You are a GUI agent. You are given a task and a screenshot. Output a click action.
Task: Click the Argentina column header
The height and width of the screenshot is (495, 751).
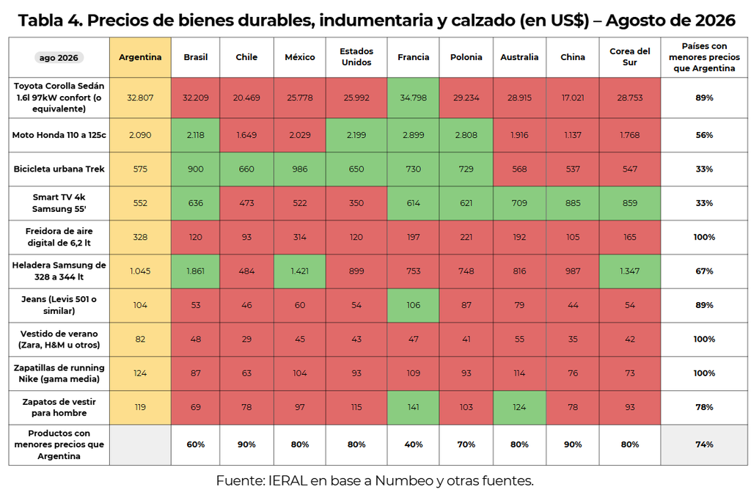tap(140, 57)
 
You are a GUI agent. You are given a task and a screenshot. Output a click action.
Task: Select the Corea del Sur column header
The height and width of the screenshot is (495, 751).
tap(630, 57)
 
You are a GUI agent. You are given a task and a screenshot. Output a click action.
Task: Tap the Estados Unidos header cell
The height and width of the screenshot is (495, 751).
tap(356, 57)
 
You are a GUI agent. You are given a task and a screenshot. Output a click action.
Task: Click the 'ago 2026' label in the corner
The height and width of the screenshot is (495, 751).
tap(59, 58)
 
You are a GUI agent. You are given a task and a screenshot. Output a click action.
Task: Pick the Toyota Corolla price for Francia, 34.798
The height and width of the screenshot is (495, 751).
tap(414, 98)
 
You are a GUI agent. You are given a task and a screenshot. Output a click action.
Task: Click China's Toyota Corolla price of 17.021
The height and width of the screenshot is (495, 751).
tap(573, 98)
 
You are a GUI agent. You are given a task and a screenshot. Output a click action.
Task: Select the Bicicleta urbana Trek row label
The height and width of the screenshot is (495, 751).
tap(59, 169)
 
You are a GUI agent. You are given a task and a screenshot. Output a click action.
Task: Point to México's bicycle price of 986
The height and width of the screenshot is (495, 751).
tap(300, 169)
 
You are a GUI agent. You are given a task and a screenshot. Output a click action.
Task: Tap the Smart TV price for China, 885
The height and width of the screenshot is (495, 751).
tap(573, 203)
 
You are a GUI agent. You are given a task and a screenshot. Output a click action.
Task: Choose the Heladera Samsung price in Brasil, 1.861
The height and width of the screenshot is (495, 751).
tap(195, 271)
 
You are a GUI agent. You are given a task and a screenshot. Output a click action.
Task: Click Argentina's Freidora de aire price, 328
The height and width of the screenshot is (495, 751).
tap(140, 237)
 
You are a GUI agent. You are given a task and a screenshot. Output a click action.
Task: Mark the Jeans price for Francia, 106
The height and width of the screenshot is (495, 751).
tap(414, 305)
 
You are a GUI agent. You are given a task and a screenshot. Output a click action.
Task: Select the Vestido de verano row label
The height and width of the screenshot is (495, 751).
tap(59, 340)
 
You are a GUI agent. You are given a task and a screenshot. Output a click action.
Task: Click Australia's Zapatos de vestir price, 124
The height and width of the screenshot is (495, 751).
tap(519, 408)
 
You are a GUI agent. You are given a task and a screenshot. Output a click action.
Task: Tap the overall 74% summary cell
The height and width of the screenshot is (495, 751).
tap(705, 444)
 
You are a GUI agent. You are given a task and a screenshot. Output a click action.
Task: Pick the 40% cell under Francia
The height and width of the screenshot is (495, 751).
tap(414, 444)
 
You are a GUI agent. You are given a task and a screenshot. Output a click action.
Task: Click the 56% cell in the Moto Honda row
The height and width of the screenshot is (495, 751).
tap(705, 135)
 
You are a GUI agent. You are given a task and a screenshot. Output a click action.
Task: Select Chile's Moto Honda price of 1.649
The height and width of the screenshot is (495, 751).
tap(246, 135)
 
